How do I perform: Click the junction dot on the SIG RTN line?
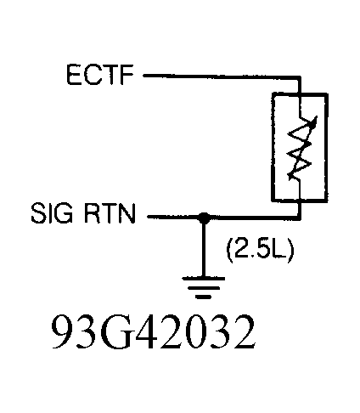point(204,218)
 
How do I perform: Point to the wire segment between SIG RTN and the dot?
point(174,218)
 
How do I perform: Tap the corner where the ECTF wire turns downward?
point(299,76)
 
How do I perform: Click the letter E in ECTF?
point(74,76)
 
